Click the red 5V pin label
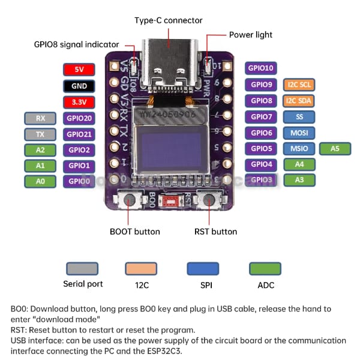[79, 70]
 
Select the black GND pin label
[79, 86]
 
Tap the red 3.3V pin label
[79, 102]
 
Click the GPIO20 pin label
[79, 118]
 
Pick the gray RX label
[41, 118]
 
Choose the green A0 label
[41, 181]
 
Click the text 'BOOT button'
[135, 232]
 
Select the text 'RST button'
[215, 232]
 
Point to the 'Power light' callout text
[251, 35]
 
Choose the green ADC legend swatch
[265, 268]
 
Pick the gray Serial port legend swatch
[82, 268]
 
